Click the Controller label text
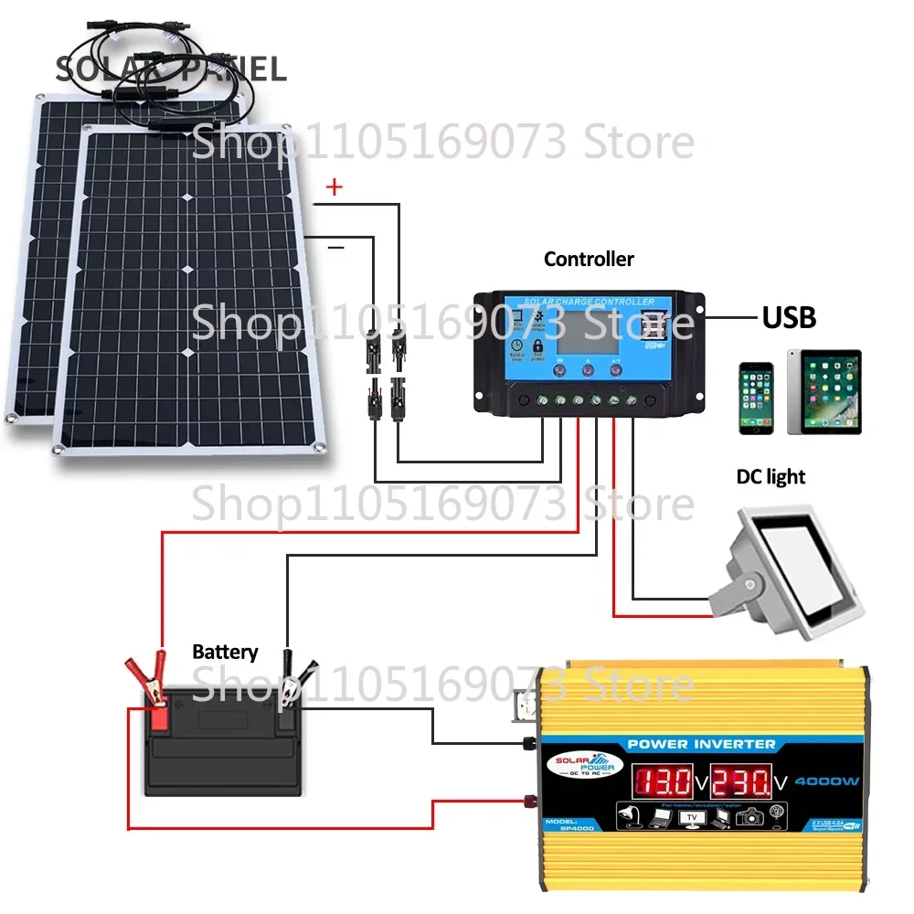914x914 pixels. click(589, 260)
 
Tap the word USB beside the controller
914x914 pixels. click(789, 317)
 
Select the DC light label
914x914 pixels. click(771, 477)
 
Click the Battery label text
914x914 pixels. click(225, 653)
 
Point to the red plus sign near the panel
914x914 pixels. click(335, 188)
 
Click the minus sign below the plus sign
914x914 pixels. click(335, 247)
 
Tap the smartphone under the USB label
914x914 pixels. click(756, 398)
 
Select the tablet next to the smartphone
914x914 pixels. click(824, 392)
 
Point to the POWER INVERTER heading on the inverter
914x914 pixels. click(702, 744)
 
